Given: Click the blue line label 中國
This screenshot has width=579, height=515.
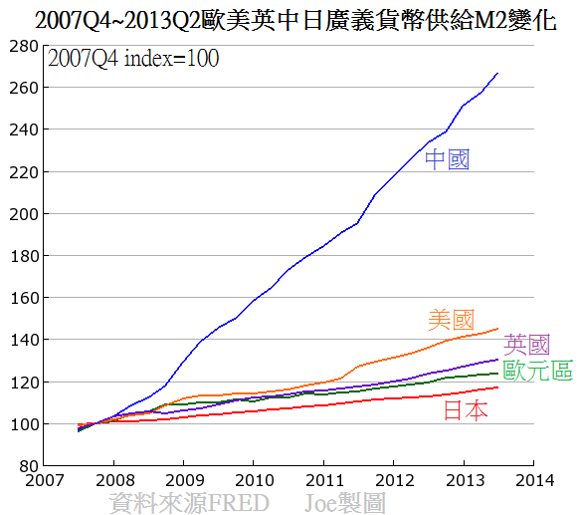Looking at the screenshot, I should click(447, 159).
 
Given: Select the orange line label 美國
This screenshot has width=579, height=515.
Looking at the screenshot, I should click(451, 320).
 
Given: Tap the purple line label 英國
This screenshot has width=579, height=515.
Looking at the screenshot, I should click(527, 346).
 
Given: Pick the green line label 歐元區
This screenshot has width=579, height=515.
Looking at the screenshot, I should click(537, 372).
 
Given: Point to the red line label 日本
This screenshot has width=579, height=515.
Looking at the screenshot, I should click(465, 409).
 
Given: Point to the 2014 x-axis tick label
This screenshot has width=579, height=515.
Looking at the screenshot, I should click(533, 478).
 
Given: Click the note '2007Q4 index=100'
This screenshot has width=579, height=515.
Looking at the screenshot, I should click(133, 59).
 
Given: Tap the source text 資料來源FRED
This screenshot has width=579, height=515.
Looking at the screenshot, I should click(189, 503).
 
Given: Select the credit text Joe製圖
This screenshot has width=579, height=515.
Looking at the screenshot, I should click(345, 503).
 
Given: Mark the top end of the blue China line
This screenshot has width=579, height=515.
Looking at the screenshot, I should click(497, 74).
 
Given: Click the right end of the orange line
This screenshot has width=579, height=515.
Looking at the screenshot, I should click(497, 329).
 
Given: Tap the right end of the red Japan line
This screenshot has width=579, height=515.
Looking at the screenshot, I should click(497, 387).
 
